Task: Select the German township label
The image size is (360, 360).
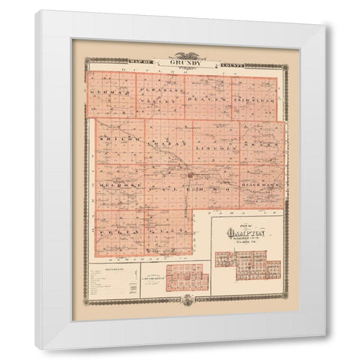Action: point(110,93)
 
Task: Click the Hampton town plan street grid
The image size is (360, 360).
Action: point(247,262)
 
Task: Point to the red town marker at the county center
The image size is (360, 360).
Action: point(192,174)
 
